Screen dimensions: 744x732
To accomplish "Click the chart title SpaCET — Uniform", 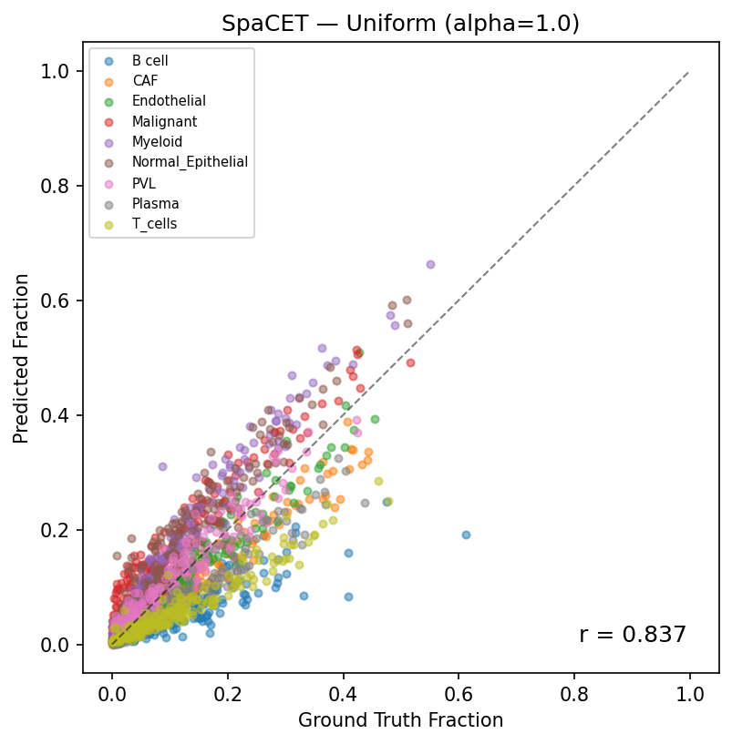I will click(x=400, y=24).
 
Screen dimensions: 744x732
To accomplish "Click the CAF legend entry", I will click(x=145, y=81).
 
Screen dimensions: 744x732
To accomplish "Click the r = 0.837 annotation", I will click(x=632, y=635).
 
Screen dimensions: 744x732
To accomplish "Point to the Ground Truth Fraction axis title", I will click(x=400, y=720).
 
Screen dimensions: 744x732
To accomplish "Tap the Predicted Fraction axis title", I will click(x=21, y=358).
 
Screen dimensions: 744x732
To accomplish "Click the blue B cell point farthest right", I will click(x=466, y=535).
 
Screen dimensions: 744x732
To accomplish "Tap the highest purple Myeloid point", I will click(x=430, y=264).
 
